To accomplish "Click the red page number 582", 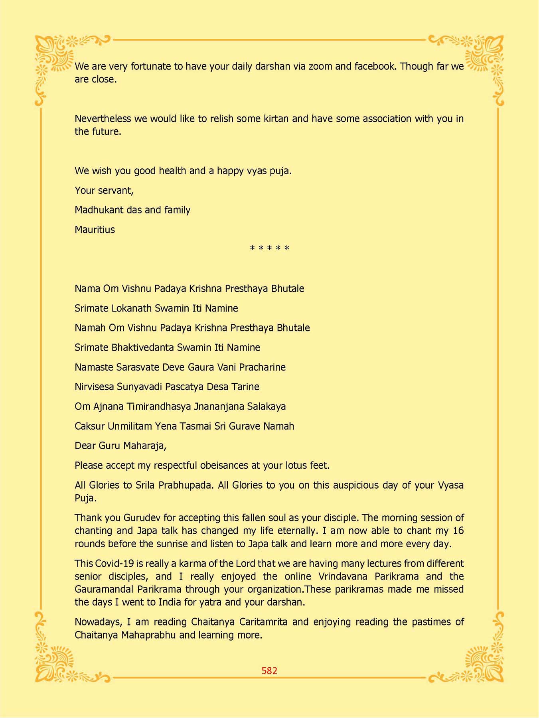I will (x=269, y=671).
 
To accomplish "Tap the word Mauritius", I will (x=95, y=230).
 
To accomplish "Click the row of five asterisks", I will (x=269, y=248).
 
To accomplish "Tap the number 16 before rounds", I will (x=458, y=531).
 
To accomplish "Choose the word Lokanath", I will (x=132, y=308).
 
